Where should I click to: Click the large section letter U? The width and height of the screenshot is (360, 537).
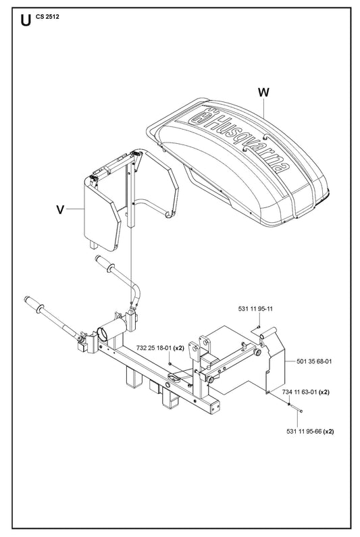[x=26, y=20]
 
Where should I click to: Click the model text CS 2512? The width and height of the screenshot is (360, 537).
[x=47, y=16]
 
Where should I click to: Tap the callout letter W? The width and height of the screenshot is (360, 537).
[x=263, y=93]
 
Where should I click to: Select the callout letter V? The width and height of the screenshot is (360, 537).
[x=60, y=209]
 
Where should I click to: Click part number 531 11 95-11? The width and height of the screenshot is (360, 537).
[x=255, y=309]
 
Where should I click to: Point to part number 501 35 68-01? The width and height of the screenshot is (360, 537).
[x=314, y=361]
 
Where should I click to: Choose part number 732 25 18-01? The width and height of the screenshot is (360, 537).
[x=154, y=348]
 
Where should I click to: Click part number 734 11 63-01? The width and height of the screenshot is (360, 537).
[x=299, y=392]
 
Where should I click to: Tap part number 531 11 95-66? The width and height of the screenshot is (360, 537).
[x=304, y=431]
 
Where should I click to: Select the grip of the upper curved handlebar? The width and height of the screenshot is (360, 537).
[x=104, y=263]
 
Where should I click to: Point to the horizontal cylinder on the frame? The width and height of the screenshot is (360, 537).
[x=111, y=329]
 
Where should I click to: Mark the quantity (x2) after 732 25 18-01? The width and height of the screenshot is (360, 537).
[x=179, y=348]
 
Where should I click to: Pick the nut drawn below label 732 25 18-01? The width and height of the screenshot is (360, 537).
[x=170, y=363]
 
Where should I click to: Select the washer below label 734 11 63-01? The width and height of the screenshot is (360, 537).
[x=290, y=405]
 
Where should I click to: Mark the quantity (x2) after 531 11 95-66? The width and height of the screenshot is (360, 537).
[x=328, y=431]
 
